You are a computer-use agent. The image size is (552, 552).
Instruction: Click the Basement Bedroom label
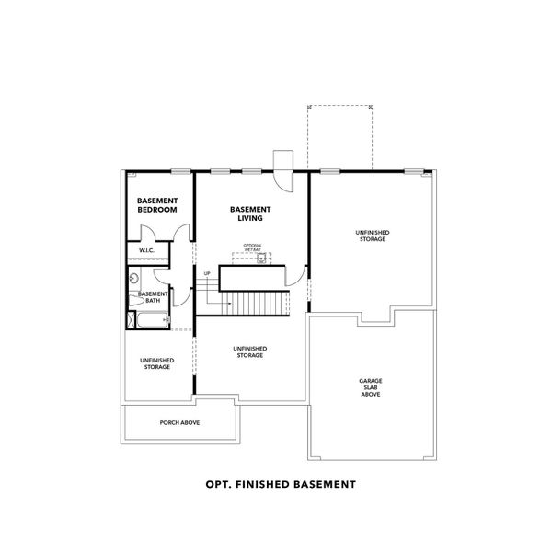(156, 205)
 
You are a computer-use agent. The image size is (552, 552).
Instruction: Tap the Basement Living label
(249, 214)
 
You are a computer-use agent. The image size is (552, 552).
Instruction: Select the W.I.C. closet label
(145, 250)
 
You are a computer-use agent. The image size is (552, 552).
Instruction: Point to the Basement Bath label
(153, 297)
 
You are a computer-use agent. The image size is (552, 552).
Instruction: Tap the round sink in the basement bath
(133, 278)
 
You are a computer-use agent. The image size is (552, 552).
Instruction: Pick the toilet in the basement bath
(134, 300)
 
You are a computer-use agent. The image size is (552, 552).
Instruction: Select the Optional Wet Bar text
(253, 247)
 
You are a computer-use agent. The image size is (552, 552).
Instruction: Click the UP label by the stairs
(207, 274)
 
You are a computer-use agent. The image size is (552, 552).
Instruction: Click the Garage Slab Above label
(370, 387)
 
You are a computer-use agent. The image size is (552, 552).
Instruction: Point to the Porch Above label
(180, 422)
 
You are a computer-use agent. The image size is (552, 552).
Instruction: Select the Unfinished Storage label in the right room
(371, 236)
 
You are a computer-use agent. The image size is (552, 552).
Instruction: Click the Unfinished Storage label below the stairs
(249, 352)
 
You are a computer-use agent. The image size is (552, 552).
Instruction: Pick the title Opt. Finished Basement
(276, 481)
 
